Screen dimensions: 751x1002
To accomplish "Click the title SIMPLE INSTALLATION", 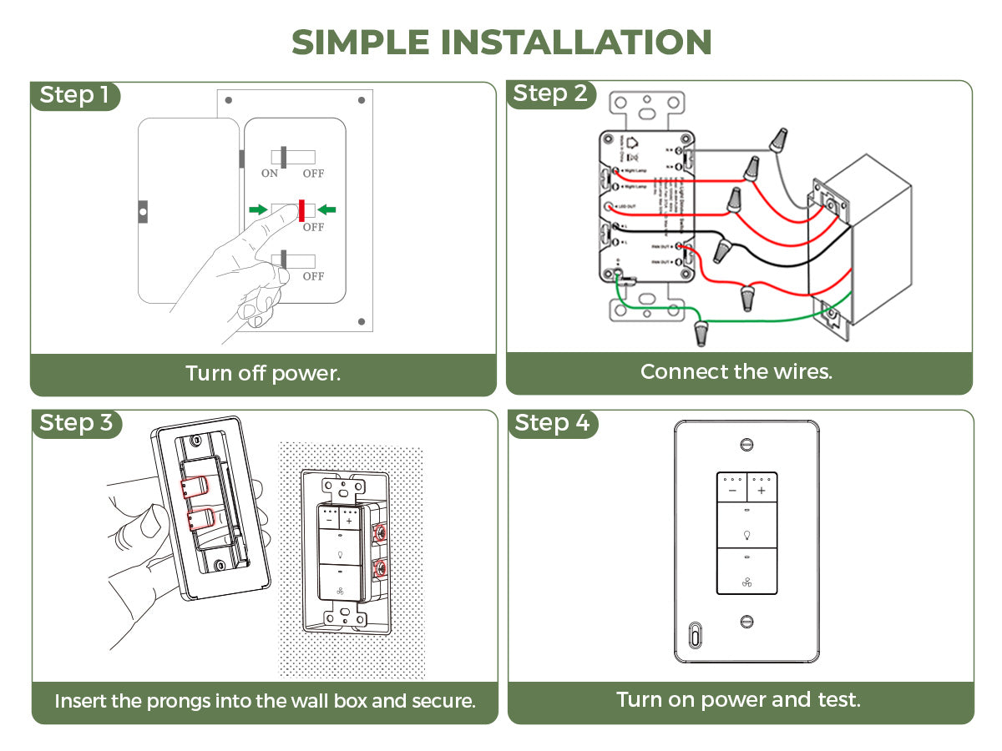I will point(501,42).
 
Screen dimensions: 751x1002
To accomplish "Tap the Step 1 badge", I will point(75,95).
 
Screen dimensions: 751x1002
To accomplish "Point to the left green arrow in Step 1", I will point(259,209).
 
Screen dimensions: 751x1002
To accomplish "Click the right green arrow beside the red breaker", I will point(326,209).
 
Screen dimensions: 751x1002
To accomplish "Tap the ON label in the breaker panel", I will point(270,174).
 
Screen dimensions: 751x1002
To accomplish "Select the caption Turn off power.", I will point(263,373).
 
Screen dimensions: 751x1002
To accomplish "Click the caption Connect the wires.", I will point(736,371).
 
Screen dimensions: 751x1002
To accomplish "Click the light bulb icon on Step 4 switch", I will point(746,534).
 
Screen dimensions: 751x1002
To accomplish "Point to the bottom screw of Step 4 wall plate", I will point(746,621).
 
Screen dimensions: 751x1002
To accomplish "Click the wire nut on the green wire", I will point(701,333).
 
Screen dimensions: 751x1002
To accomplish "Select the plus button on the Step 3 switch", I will point(348,521).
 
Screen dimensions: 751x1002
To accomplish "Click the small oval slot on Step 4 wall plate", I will point(694,635).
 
